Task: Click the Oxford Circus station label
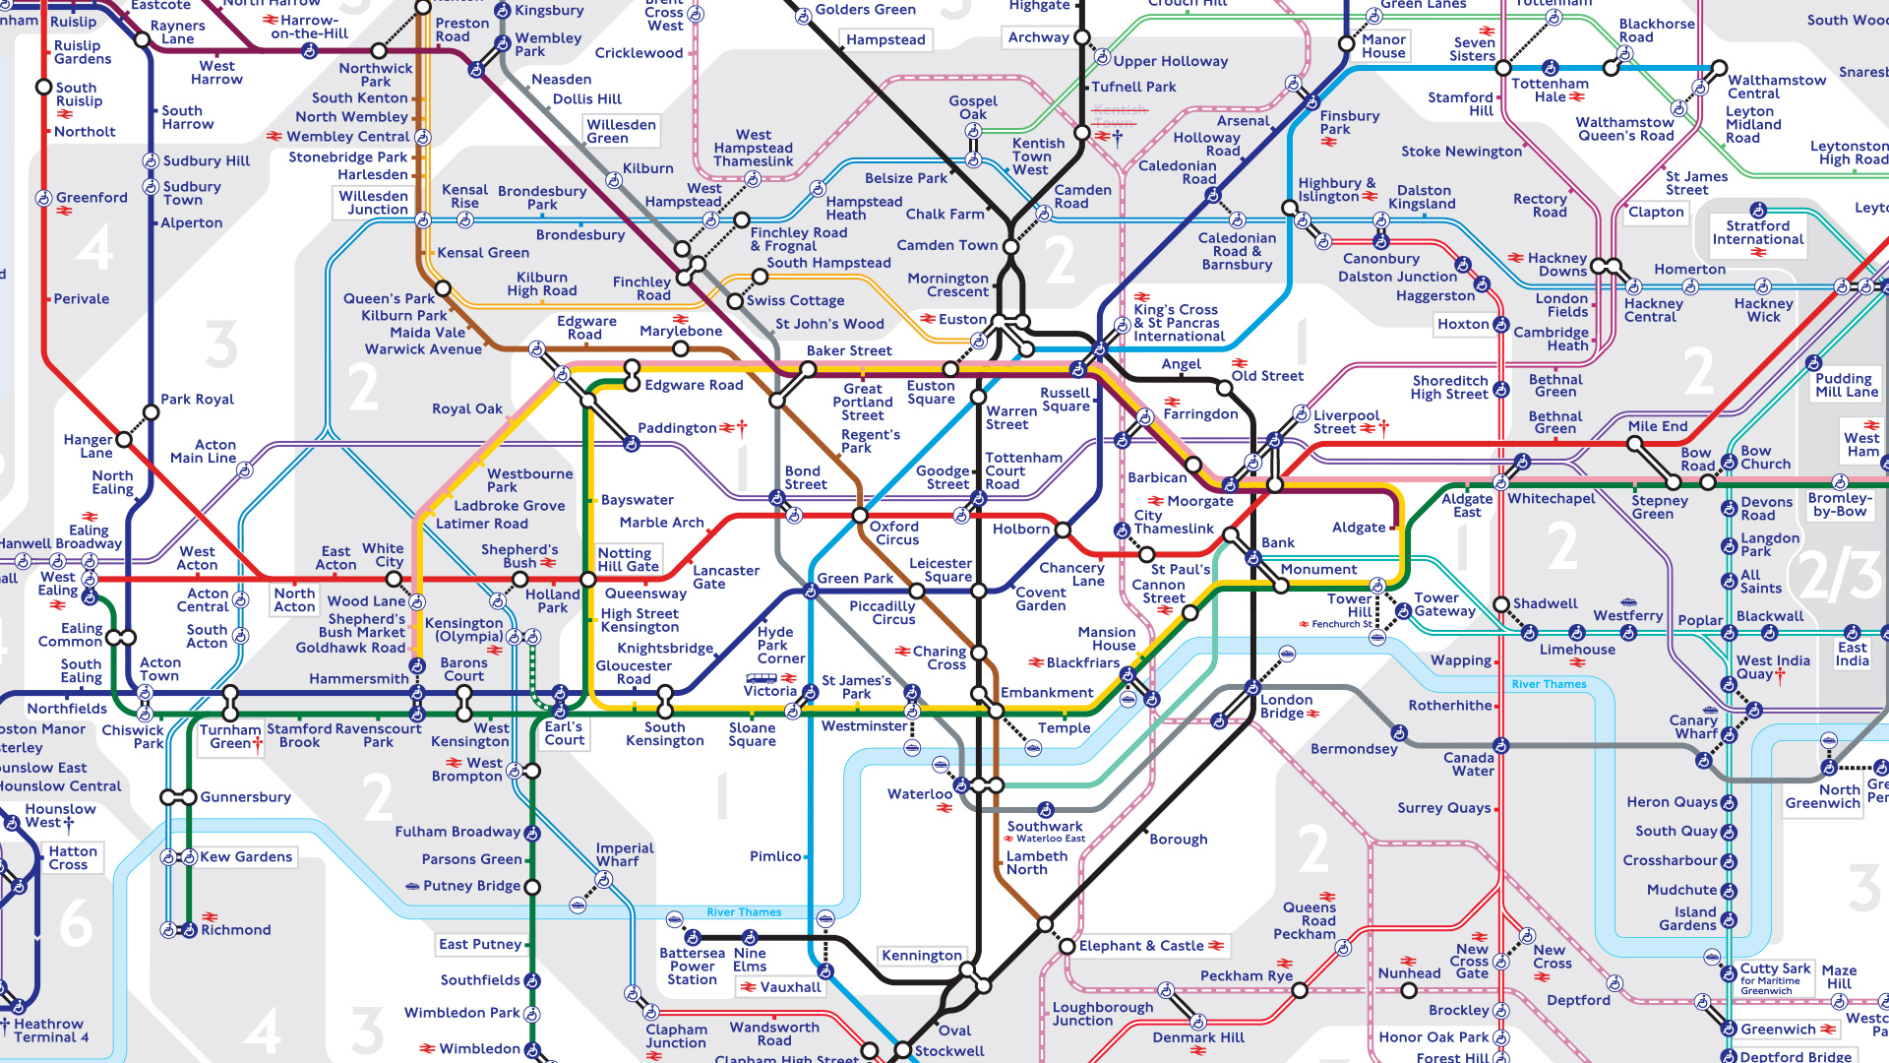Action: coord(893,532)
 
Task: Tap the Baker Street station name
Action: coord(849,350)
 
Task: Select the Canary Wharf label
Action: coord(1692,726)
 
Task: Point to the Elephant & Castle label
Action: coord(1140,946)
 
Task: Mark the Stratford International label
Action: coord(1757,232)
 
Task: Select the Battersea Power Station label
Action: coord(692,966)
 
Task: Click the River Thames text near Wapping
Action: coord(1549,684)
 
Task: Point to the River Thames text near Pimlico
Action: coord(744,912)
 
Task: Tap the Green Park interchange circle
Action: coord(810,591)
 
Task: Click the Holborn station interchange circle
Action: coord(1063,530)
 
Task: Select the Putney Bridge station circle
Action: coord(532,887)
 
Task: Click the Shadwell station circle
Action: coord(1501,603)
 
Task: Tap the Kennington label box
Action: coord(921,956)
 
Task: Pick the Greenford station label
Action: coord(91,198)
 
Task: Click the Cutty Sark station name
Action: coord(1775,969)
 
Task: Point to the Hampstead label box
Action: coord(885,40)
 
